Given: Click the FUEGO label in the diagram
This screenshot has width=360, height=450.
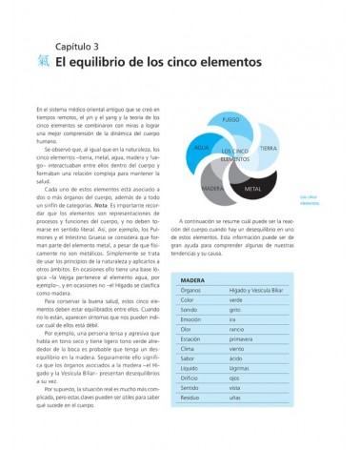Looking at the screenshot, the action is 230,120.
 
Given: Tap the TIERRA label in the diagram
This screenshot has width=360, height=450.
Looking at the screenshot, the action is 269,149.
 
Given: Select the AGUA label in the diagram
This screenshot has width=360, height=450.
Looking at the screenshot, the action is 201,148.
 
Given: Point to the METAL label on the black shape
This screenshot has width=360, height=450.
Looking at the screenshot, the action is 253,189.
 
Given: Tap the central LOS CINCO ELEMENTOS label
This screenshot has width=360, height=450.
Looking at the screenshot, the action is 235,155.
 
